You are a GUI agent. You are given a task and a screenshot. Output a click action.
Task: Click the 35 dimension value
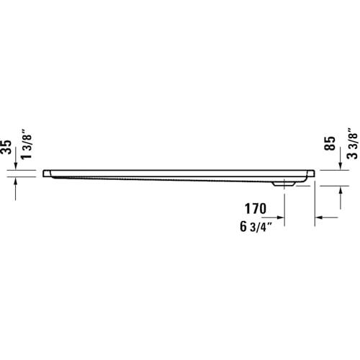[x=6, y=147]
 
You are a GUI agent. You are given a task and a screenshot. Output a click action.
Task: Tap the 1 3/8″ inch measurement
[x=27, y=144]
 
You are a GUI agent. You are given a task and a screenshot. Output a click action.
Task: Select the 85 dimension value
[x=330, y=143]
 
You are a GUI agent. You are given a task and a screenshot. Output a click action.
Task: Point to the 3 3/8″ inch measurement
[x=352, y=144]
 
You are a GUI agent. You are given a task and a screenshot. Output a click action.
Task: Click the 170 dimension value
[x=256, y=209]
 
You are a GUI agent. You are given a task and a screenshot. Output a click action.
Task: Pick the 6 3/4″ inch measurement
[x=256, y=227]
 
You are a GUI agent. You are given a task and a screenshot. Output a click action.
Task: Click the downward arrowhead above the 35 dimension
[x=16, y=166]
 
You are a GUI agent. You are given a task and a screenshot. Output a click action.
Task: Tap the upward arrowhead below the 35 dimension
[x=16, y=181]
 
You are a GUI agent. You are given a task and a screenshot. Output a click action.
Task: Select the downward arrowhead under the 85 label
[x=340, y=166]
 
